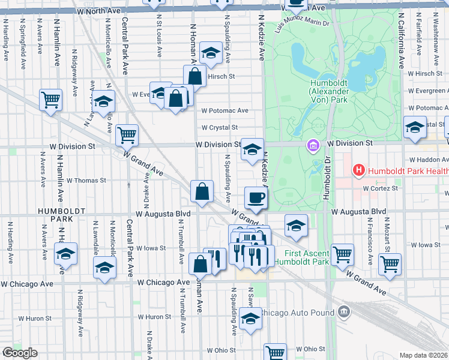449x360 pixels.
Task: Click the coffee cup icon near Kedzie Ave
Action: (256, 197)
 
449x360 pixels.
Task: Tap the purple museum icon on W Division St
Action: (313, 145)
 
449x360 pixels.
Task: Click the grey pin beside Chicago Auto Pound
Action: (343, 311)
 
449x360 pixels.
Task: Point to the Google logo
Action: (19, 353)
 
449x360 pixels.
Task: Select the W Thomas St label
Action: (86, 180)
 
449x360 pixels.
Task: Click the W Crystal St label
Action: (220, 128)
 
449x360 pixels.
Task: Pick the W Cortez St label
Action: (381, 188)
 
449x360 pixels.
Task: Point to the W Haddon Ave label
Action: (429, 160)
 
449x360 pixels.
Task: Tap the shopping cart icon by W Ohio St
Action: (276, 353)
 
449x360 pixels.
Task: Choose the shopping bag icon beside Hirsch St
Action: (195, 76)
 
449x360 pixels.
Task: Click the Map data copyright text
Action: (424, 355)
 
